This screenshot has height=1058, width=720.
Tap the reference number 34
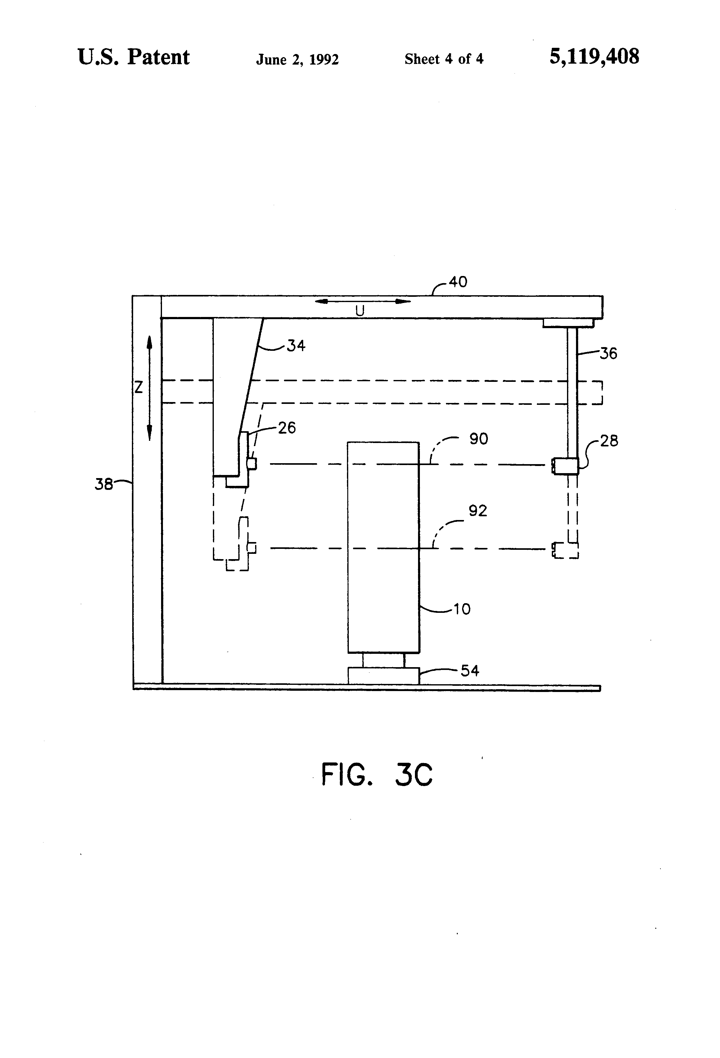click(x=296, y=346)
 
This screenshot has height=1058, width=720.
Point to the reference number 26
click(x=287, y=427)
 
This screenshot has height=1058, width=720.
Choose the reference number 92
click(x=478, y=511)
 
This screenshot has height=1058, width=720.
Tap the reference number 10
click(x=462, y=609)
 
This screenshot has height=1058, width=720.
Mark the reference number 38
click(x=103, y=484)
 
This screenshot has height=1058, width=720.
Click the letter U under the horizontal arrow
click(x=360, y=311)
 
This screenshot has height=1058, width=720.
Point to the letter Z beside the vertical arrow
click(x=138, y=387)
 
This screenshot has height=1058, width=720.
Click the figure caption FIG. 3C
click(x=377, y=775)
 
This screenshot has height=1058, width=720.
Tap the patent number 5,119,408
click(x=594, y=57)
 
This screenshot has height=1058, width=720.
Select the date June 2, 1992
click(x=297, y=60)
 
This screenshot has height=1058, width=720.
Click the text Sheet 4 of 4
click(x=444, y=59)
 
